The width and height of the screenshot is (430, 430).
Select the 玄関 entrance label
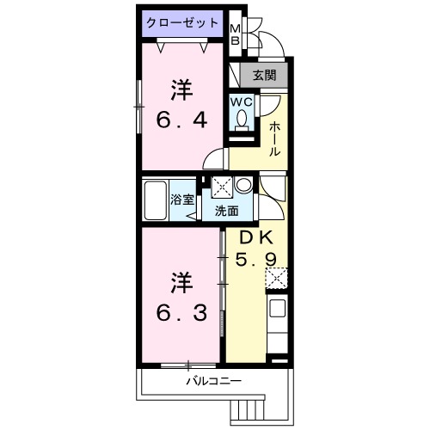(263, 76)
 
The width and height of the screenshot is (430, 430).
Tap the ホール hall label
(273, 138)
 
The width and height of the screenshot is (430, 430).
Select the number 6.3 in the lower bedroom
(181, 313)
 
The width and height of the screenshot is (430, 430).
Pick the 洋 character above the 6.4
(181, 89)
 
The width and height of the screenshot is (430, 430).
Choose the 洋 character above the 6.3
(181, 282)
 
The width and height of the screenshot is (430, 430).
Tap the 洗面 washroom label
(227, 211)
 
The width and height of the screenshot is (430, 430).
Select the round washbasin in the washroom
(244, 185)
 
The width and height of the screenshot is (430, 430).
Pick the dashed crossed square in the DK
(278, 277)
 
